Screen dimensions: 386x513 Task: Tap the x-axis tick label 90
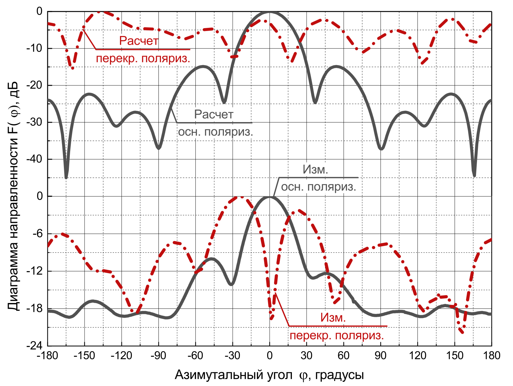381,356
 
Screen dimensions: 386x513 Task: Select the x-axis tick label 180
491,356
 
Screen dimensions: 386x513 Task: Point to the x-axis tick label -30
232,356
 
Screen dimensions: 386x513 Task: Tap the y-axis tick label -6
37,234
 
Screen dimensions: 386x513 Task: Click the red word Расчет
139,41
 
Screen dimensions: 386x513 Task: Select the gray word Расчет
214,115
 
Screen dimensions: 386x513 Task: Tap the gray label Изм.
315,170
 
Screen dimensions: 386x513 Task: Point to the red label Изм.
333,318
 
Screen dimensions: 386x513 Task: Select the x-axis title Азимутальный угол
234,375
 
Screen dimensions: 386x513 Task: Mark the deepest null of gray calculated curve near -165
66,178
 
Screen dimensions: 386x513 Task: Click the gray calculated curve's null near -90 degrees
158,148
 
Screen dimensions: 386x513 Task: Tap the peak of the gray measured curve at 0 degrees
269,197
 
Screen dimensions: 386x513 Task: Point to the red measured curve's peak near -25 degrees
241,197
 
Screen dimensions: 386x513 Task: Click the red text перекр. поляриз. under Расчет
143,59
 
